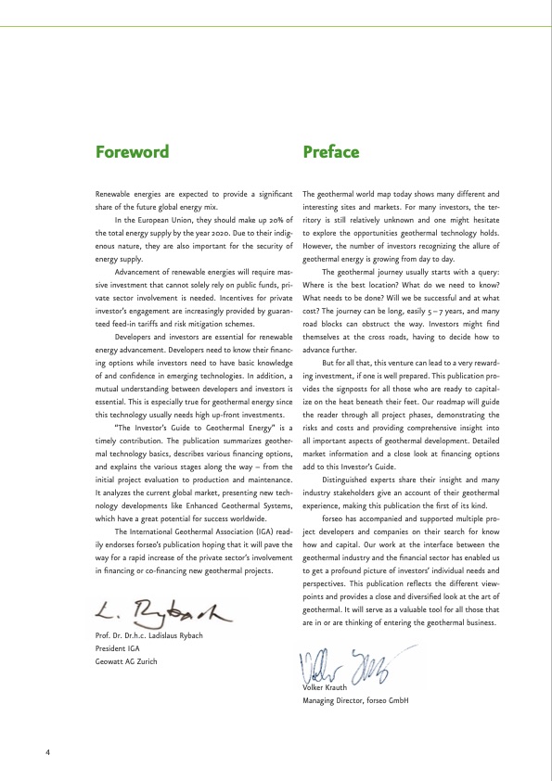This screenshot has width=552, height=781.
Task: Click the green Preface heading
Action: tap(331, 151)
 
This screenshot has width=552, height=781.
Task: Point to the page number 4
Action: tap(47, 751)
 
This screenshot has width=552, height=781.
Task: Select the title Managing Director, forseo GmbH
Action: tap(355, 700)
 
